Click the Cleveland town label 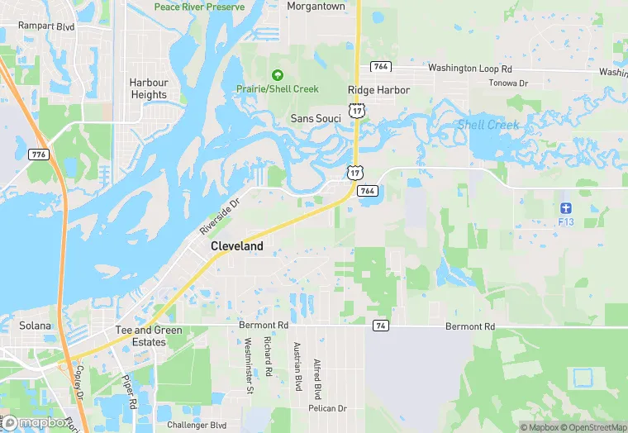(237, 246)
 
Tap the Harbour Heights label (149, 88)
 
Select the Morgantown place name (316, 6)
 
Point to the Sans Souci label (316, 119)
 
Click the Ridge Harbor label (378, 90)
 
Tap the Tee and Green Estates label (149, 336)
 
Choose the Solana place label (36, 326)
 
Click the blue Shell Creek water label (488, 125)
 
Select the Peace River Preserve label (199, 7)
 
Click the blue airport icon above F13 (565, 207)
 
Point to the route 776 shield (37, 155)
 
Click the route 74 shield (379, 326)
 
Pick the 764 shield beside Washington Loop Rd (380, 66)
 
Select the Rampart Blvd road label (47, 26)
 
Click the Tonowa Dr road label (507, 83)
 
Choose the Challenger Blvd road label (197, 425)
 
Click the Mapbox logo (36, 422)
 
